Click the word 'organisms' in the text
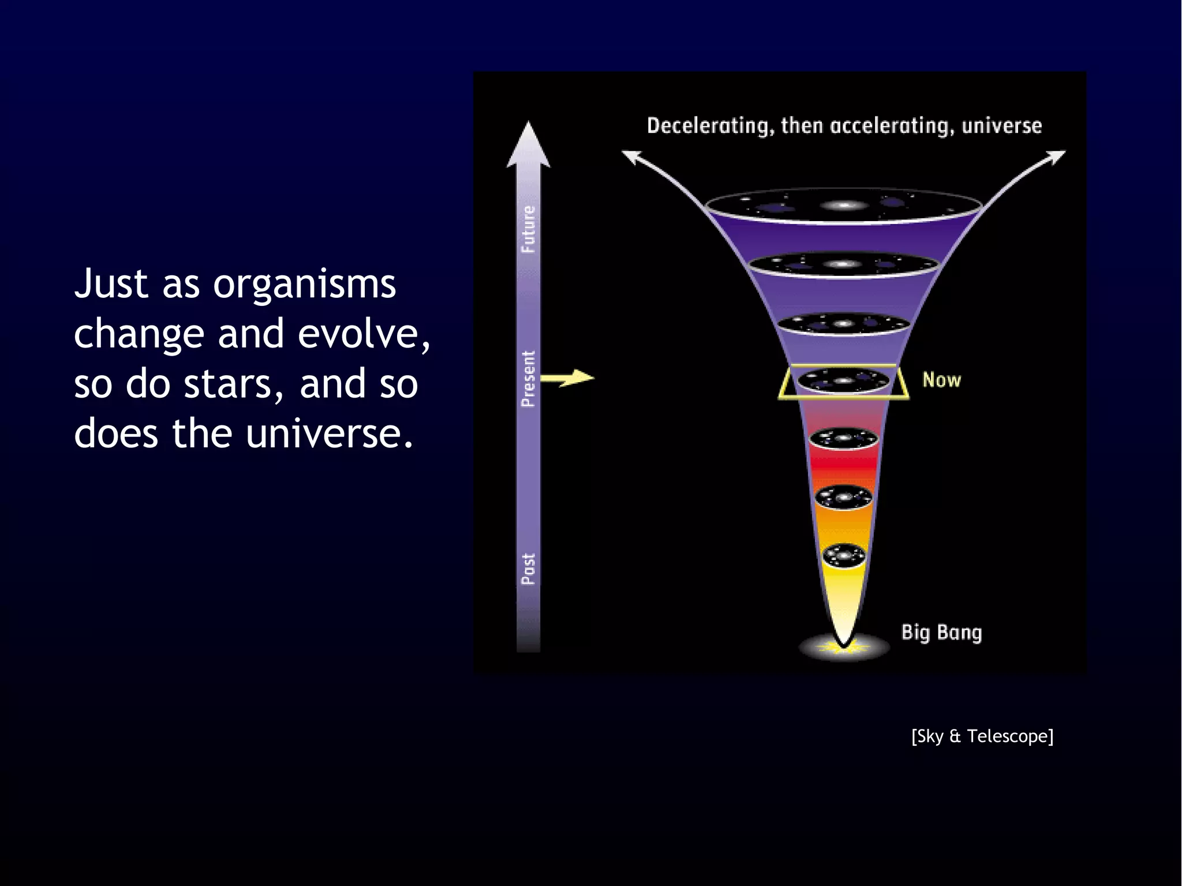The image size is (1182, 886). (x=304, y=285)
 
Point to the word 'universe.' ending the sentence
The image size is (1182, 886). (x=330, y=433)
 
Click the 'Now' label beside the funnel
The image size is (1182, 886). (x=941, y=380)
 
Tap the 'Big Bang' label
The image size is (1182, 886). (x=941, y=632)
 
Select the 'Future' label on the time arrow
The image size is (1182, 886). (x=528, y=229)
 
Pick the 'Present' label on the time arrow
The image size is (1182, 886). (x=528, y=378)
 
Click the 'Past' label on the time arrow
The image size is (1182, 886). (x=528, y=569)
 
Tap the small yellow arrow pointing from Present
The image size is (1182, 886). (x=568, y=378)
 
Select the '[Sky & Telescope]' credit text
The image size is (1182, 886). (x=982, y=736)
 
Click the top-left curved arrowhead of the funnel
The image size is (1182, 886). (x=631, y=156)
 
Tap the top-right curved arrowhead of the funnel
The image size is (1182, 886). (x=1056, y=156)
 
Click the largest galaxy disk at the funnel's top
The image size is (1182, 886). (x=843, y=206)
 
